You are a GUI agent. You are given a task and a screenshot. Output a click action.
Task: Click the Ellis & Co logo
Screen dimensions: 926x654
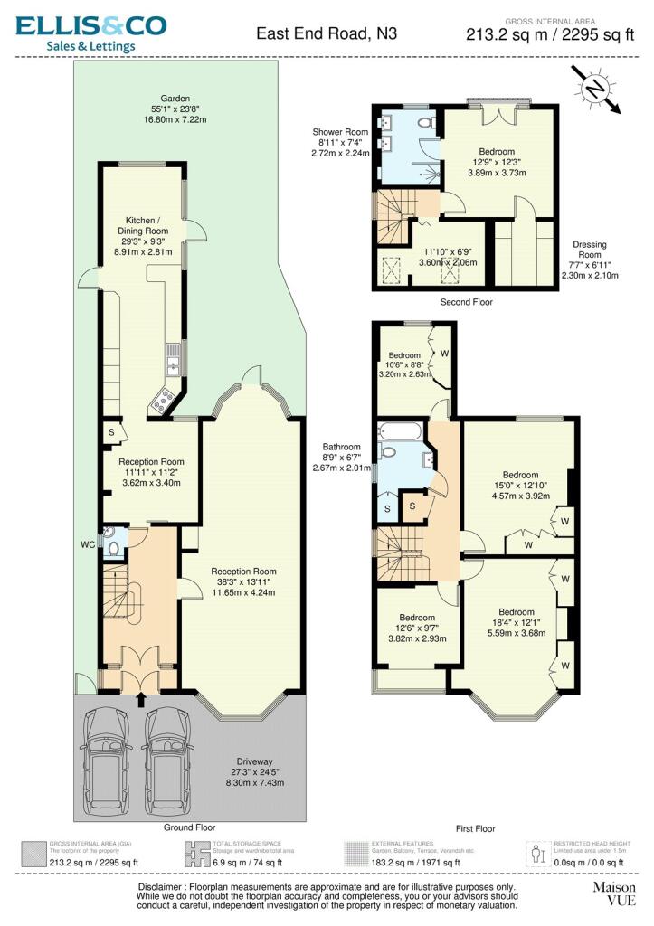90,33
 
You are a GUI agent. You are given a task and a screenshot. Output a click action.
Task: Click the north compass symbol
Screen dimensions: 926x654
594,89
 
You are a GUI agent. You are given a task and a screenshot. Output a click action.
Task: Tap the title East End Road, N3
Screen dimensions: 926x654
327,34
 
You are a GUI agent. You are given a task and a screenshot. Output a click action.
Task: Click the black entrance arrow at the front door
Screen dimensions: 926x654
139,699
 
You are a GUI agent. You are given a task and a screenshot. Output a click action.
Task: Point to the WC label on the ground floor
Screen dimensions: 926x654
87,544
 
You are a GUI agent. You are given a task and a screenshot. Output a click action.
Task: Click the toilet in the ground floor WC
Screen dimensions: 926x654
113,546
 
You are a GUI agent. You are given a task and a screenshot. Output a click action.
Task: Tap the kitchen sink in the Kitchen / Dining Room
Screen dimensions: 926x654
171,364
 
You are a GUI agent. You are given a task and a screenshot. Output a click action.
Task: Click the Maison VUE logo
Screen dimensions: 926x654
613,894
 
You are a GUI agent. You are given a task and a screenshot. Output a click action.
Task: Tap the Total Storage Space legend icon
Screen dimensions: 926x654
197,855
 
